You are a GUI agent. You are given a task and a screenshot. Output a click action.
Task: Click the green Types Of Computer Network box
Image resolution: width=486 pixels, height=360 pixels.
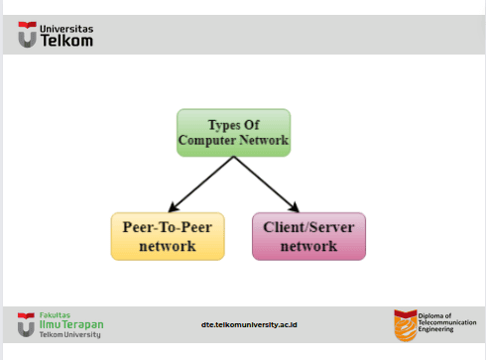click(x=234, y=133)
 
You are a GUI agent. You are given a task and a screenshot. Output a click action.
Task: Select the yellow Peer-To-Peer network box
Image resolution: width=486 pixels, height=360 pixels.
click(x=168, y=236)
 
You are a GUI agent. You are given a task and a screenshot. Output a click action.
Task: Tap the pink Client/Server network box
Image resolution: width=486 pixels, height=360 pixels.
click(x=308, y=236)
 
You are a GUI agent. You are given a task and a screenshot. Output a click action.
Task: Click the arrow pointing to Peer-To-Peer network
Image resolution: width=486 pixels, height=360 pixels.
click(x=201, y=184)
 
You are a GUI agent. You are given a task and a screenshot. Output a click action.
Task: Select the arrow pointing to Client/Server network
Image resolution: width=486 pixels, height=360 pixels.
click(x=267, y=184)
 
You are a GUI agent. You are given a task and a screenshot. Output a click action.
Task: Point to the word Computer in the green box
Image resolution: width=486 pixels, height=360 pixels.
click(x=207, y=140)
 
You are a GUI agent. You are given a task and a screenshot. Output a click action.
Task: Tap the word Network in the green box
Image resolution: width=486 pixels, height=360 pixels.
click(x=264, y=140)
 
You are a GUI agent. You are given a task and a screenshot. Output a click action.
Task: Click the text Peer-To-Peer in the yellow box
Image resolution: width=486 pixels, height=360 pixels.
click(x=168, y=227)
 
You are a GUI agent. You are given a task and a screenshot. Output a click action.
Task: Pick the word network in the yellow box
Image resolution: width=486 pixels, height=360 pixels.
click(x=168, y=246)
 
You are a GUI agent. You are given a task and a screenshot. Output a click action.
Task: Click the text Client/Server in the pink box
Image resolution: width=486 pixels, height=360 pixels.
click(x=308, y=227)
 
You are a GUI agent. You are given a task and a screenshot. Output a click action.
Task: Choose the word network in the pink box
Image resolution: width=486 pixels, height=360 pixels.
click(x=308, y=246)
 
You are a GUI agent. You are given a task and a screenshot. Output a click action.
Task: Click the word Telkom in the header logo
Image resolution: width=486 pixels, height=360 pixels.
click(x=66, y=41)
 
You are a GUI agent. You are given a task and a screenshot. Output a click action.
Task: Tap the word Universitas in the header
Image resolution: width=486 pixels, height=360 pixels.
click(x=66, y=29)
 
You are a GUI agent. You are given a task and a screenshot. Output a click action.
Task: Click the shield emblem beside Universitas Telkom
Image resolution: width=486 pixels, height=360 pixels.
click(x=27, y=35)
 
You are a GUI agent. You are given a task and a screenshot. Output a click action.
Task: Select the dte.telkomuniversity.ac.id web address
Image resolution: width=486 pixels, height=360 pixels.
click(x=249, y=324)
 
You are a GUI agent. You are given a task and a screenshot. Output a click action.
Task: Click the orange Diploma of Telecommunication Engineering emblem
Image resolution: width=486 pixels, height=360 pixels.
click(x=406, y=325)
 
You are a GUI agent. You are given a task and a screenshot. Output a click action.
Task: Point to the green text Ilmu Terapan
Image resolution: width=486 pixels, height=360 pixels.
click(x=71, y=324)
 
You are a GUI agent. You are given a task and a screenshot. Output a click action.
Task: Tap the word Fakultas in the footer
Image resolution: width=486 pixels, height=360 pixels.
click(x=55, y=315)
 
